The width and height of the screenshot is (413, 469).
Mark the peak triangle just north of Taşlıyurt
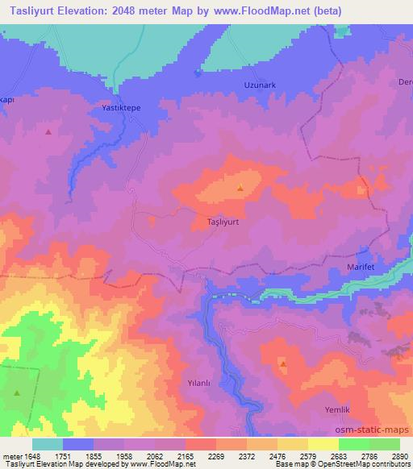(240, 189)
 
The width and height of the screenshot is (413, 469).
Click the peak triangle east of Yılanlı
(283, 364)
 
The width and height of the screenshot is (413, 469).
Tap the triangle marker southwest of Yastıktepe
(48, 131)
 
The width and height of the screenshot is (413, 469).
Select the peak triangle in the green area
(18, 392)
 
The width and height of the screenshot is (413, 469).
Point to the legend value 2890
(400, 456)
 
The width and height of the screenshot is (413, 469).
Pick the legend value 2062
(153, 456)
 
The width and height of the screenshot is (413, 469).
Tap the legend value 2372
(246, 456)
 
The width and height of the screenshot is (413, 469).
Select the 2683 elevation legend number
(339, 456)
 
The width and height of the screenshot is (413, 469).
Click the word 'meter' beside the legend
(9, 456)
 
